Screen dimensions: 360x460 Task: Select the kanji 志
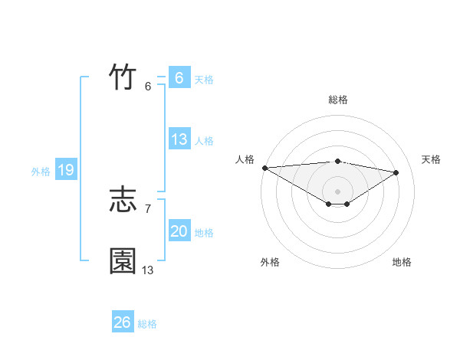coord(123,201)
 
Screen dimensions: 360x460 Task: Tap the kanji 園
coord(123,261)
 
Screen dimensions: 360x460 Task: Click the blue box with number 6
coord(179,78)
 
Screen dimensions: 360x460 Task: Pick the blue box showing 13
coord(179,139)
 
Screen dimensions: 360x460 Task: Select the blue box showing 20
coord(179,231)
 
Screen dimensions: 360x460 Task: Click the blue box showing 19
coord(65,170)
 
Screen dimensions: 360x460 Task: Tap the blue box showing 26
coord(122,322)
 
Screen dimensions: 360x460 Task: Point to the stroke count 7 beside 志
coord(147,208)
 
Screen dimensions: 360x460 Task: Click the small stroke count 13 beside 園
coord(148,270)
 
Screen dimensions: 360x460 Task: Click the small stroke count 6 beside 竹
coord(147,86)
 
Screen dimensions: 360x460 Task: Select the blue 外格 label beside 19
coord(41,172)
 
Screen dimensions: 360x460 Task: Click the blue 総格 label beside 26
coord(147,324)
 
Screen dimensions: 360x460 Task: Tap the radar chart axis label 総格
coord(338,100)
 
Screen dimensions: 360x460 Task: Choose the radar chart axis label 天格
coord(432,159)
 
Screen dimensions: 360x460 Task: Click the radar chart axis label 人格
coord(245,159)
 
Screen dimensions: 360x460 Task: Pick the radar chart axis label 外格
coord(270,262)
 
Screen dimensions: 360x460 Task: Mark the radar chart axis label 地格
coord(402,262)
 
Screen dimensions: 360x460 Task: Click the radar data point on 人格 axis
coord(264,168)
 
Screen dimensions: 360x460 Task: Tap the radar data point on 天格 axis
coord(396,172)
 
